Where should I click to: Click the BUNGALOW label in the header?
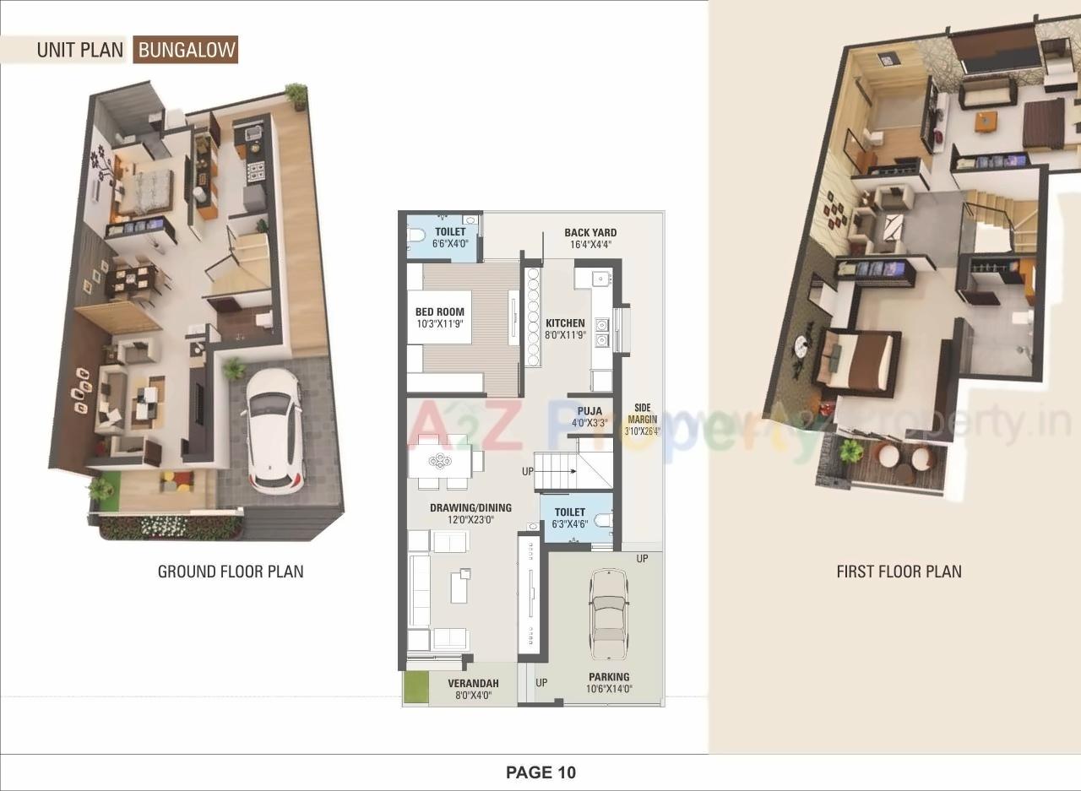(187, 50)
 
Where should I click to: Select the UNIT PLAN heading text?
(80, 50)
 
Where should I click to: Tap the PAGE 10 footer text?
(540, 772)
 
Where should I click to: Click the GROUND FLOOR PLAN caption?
(231, 572)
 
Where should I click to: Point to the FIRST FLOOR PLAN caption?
(899, 572)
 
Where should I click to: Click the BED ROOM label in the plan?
(439, 312)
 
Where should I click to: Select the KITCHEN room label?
(565, 323)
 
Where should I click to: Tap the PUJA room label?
(589, 411)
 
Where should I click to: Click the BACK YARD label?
(590, 233)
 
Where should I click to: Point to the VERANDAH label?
(473, 684)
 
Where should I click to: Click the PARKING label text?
(609, 677)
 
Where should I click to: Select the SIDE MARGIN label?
(642, 413)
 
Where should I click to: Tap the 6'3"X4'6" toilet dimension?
(569, 523)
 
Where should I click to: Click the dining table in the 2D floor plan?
(440, 461)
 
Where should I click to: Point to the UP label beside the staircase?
(528, 471)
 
